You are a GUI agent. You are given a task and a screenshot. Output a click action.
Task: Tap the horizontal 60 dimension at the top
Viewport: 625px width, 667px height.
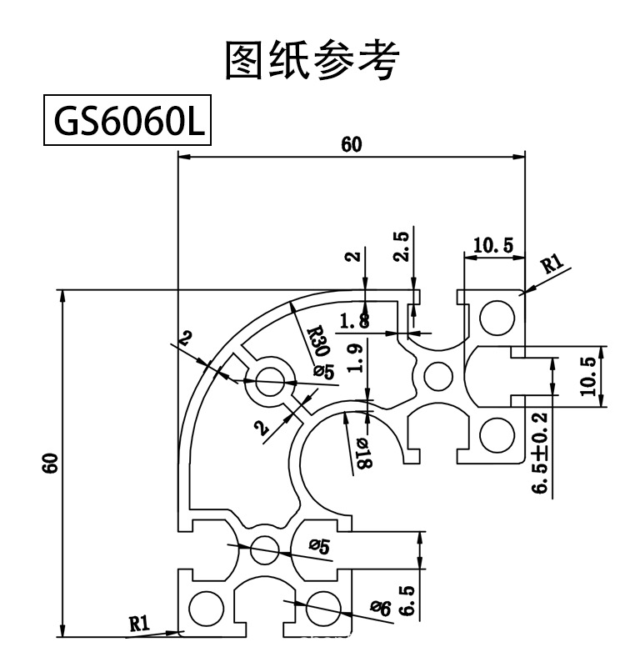(x=352, y=144)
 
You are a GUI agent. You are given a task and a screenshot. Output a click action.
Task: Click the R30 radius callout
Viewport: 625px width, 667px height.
(x=316, y=341)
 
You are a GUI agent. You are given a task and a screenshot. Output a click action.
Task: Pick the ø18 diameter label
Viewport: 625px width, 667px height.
(x=361, y=451)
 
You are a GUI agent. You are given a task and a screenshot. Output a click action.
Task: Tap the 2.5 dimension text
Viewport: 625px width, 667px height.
(x=402, y=248)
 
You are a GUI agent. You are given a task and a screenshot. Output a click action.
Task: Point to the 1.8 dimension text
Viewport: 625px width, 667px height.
(x=353, y=319)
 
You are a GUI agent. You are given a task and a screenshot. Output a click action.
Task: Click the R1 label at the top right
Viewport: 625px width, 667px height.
(x=552, y=266)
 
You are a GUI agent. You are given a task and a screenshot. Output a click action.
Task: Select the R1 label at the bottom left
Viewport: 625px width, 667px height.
(x=138, y=622)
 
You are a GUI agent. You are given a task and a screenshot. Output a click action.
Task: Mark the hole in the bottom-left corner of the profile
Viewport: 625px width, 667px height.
(x=205, y=609)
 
